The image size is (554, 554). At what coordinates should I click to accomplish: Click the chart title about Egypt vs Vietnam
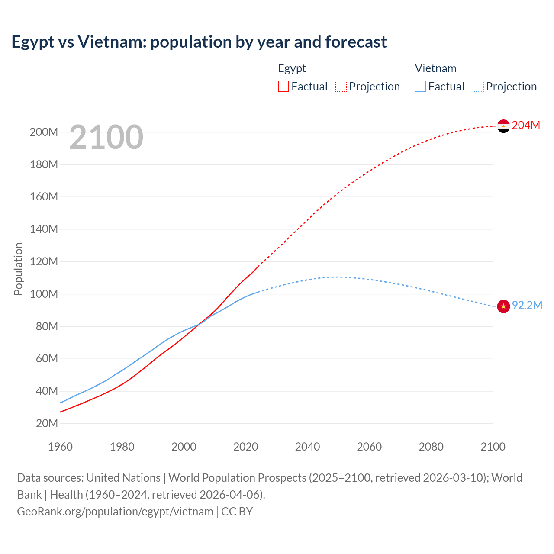point(199,42)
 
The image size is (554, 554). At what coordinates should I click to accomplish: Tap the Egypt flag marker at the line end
point(503,126)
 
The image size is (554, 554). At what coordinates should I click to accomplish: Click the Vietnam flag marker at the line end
point(503,306)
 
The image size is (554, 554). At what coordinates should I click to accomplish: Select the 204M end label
point(526,125)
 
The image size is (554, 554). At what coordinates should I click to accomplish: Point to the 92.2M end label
point(527,305)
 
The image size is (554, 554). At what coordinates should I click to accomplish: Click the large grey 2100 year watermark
point(106,137)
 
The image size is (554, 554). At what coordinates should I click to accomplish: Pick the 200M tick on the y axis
point(44,132)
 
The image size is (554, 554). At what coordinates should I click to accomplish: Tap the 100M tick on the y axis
point(44,294)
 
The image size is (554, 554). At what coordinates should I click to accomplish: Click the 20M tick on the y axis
point(46,423)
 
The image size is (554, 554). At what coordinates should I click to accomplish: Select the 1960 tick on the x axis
point(60,447)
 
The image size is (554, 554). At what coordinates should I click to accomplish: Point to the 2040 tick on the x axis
point(307,447)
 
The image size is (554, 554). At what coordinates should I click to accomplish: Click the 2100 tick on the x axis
point(493,447)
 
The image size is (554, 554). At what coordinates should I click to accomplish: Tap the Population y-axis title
point(18,269)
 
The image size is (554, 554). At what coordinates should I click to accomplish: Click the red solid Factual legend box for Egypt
point(283,86)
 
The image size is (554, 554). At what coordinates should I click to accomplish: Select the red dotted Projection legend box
point(341,86)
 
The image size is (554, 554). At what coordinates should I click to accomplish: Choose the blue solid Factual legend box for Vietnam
point(420,86)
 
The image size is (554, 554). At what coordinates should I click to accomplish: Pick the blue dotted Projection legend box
point(478,86)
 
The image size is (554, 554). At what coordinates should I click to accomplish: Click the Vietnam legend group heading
point(435,68)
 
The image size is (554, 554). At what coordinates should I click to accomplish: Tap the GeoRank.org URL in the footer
point(115,511)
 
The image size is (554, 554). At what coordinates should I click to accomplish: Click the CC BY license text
point(237,511)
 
